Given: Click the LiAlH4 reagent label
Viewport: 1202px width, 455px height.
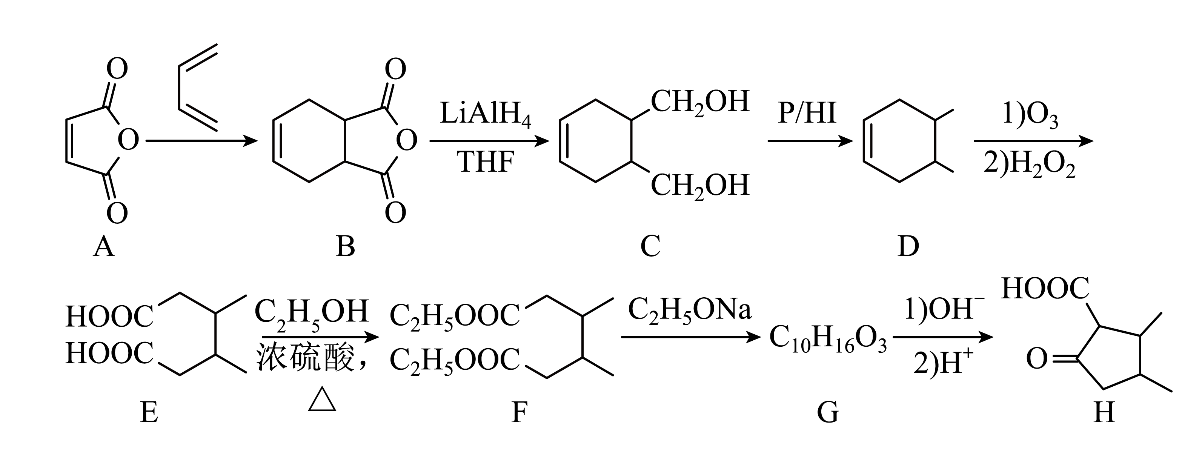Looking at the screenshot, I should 485,115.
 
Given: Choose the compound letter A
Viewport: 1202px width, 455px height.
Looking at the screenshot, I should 104,246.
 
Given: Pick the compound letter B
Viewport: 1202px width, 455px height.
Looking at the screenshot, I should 345,246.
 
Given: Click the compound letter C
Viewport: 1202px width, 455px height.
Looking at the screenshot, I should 650,246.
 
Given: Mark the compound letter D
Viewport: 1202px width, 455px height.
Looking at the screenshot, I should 908,246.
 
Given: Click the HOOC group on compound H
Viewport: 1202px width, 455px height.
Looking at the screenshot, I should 1045,289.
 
